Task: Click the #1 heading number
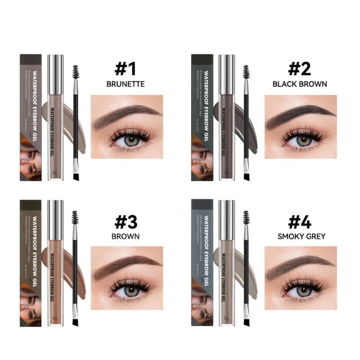(126, 69)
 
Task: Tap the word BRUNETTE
(126, 84)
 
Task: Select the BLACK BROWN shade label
(300, 84)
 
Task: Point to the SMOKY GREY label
(300, 236)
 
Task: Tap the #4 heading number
(300, 221)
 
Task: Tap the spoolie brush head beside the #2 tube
(246, 72)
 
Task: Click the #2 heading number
(300, 69)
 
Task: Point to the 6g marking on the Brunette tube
(55, 172)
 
